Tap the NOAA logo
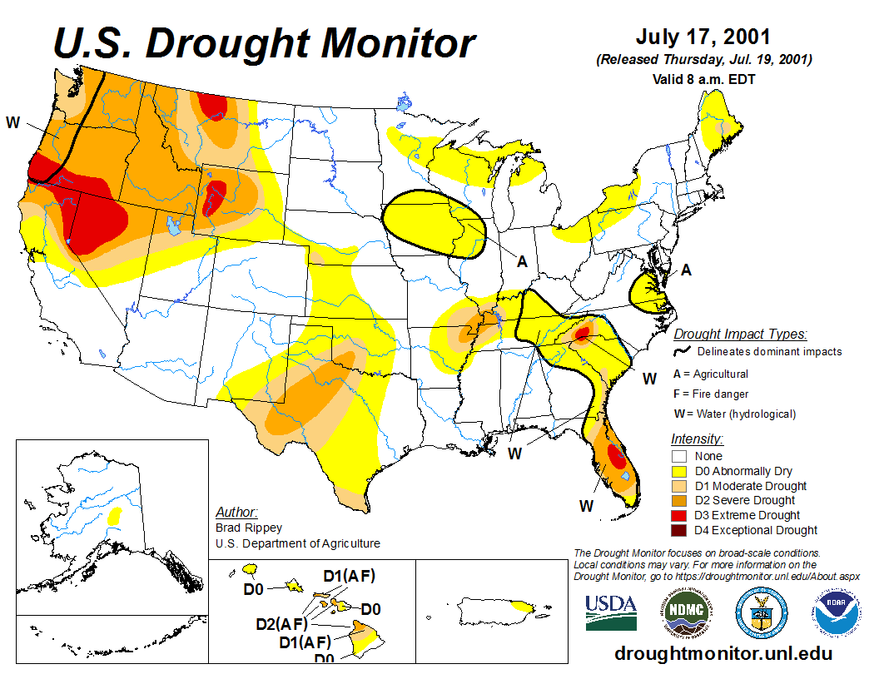click(x=838, y=612)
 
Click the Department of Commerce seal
click(x=762, y=612)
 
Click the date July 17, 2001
click(x=703, y=37)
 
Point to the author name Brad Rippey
click(x=248, y=528)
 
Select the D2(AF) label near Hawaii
click(x=281, y=623)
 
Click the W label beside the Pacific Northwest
click(x=12, y=123)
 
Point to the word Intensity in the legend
click(x=697, y=439)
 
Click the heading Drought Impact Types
click(x=740, y=334)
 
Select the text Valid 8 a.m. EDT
click(x=703, y=79)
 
